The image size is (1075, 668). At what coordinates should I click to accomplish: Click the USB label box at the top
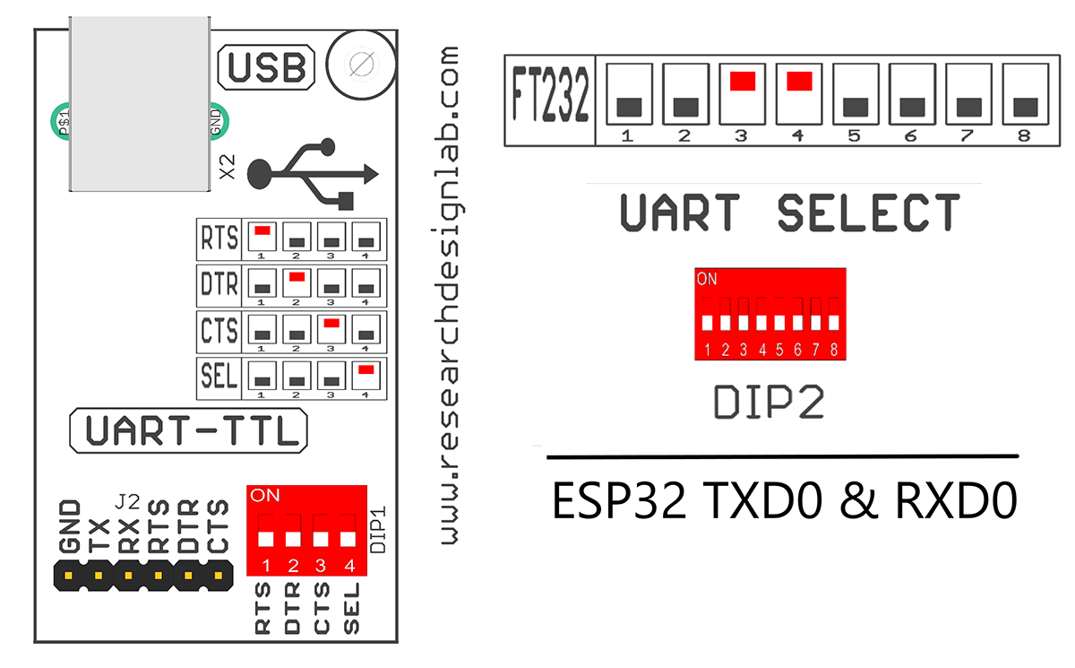(268, 68)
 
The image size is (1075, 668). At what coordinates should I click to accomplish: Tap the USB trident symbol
(313, 170)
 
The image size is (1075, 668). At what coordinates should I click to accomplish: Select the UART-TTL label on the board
(188, 431)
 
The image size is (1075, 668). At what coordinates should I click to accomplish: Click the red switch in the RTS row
(262, 231)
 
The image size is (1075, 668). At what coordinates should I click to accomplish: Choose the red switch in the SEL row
(364, 369)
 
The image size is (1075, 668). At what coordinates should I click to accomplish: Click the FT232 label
(550, 104)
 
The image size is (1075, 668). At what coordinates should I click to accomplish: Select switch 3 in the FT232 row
(743, 81)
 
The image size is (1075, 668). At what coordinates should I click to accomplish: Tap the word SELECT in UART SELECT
(868, 213)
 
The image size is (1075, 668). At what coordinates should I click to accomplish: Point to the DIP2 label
(768, 403)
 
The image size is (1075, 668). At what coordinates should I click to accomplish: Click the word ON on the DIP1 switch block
(265, 495)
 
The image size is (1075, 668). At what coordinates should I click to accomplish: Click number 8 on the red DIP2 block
(833, 349)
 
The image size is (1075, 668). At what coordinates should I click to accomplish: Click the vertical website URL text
(450, 296)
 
